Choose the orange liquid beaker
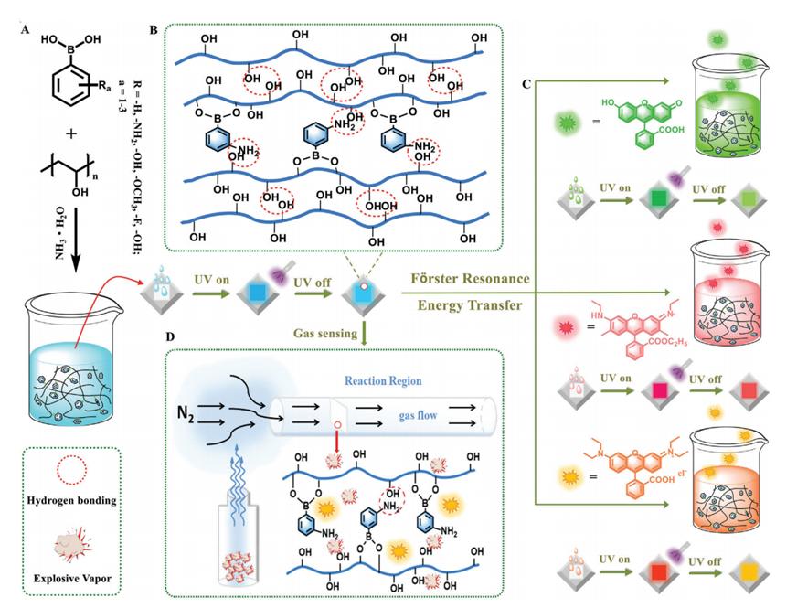point(735,475)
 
